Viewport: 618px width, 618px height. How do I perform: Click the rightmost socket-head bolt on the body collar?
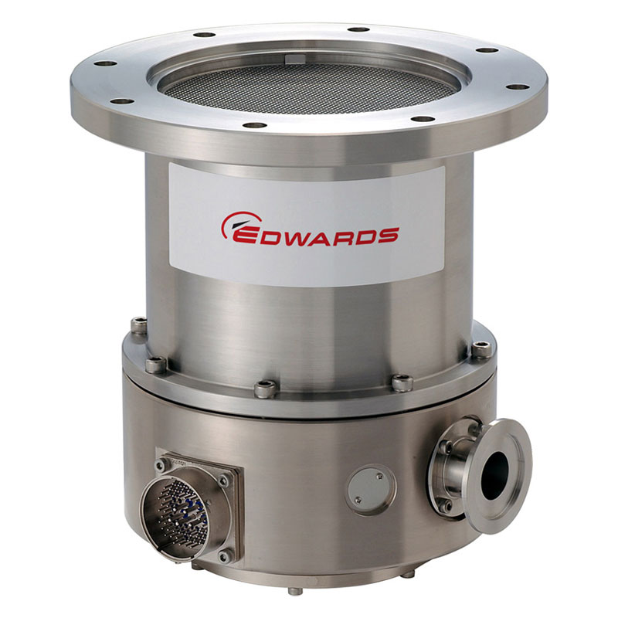481,348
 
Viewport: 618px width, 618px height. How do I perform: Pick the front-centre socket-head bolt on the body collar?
266,390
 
